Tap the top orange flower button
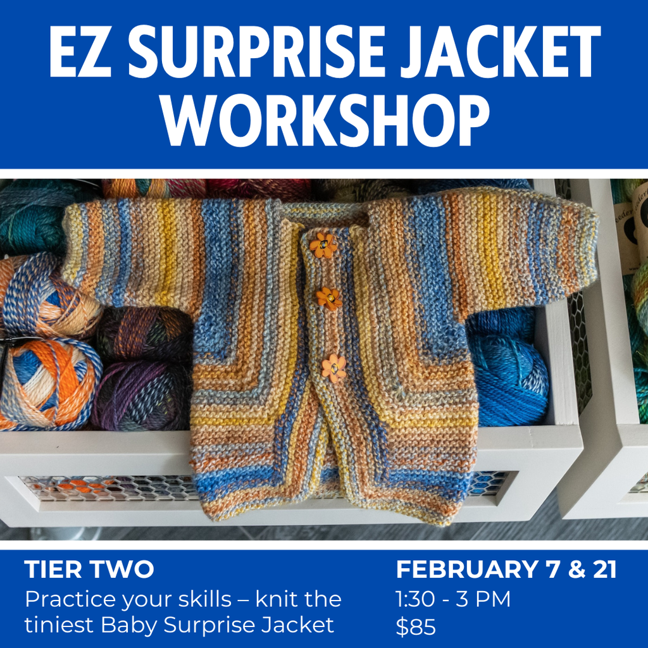pos(323,246)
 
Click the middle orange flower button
pos(329,298)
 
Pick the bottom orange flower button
pos(333,368)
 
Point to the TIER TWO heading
pos(89,570)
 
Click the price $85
pos(416,626)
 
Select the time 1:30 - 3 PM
pos(453,599)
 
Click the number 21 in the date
pos(602,570)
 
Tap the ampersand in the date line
pos(576,570)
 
